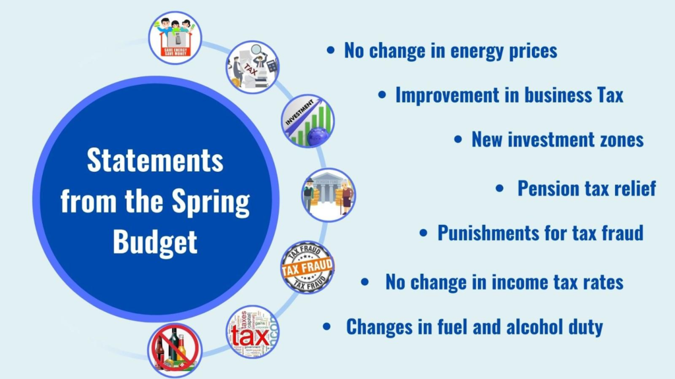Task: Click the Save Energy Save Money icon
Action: [175, 38]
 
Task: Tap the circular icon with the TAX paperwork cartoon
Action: [252, 67]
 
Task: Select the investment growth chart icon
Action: [308, 121]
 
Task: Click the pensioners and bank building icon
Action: [328, 195]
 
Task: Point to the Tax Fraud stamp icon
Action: [307, 267]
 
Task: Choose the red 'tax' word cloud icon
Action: [252, 332]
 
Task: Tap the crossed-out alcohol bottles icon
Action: [175, 350]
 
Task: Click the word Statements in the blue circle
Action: [155, 161]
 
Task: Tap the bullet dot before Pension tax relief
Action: [500, 188]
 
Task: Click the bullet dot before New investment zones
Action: [458, 139]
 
